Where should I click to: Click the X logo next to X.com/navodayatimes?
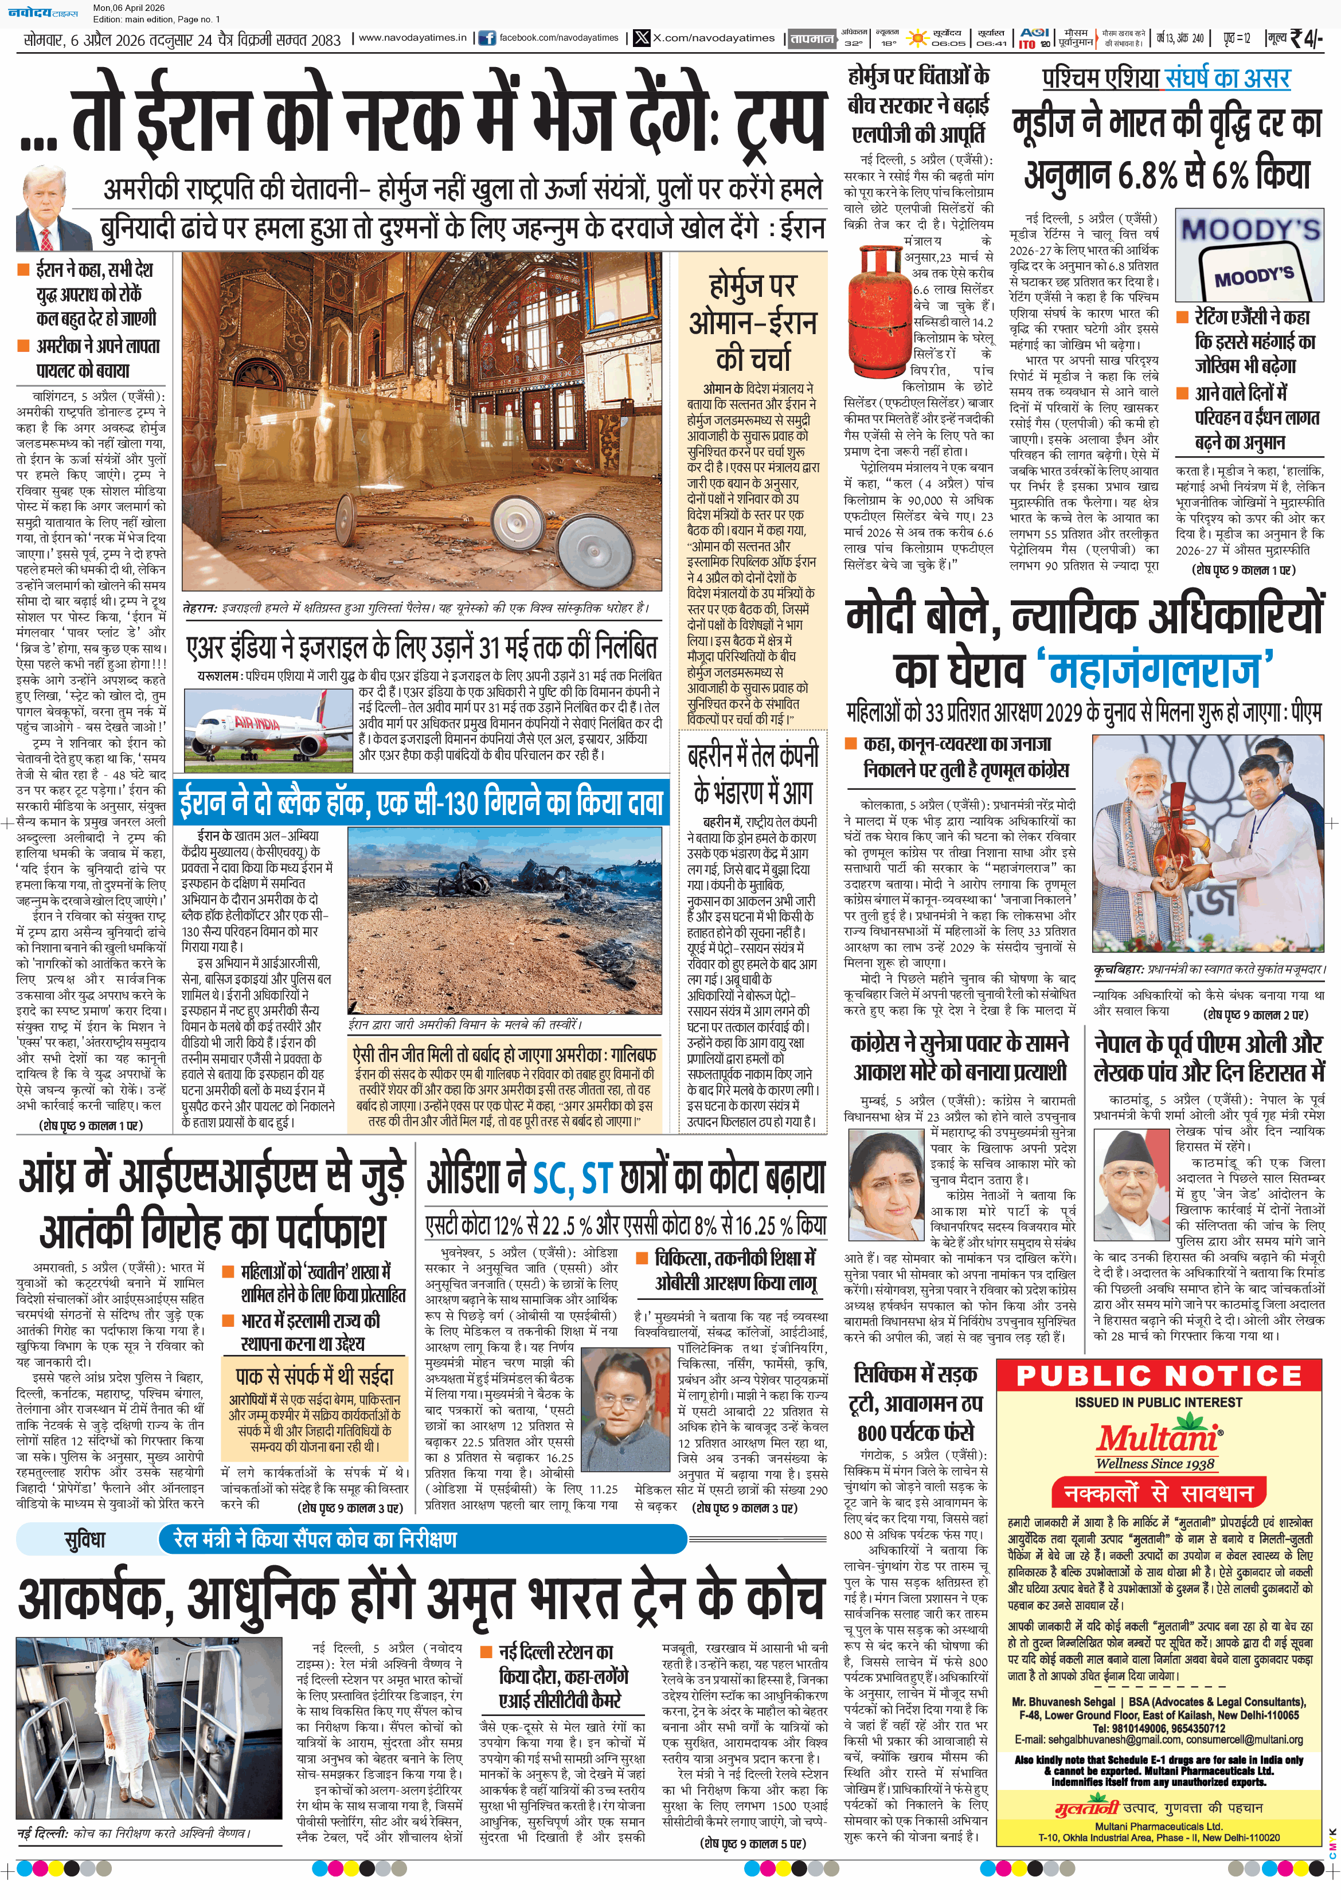[642, 38]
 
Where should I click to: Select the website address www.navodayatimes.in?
[412, 38]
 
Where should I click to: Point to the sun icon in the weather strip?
[917, 38]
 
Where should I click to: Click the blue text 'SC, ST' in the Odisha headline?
[572, 1178]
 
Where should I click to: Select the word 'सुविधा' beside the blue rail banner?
[85, 1539]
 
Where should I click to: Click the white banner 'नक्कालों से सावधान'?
[1158, 1494]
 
